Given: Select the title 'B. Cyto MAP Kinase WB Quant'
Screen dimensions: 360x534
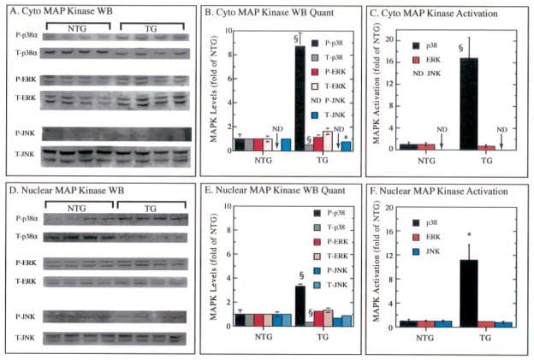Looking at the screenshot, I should pos(248,12).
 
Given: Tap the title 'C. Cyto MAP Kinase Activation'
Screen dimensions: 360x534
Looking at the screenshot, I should pos(424,12).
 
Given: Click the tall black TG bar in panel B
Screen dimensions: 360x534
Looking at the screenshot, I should pos(300,98).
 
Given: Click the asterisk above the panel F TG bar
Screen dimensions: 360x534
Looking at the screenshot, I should pos(470,234).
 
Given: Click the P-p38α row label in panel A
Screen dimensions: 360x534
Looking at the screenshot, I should pos(23,38).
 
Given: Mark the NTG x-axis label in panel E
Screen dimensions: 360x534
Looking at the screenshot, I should pos(254,339).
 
